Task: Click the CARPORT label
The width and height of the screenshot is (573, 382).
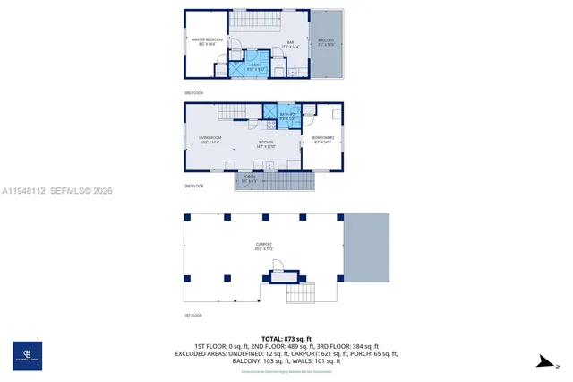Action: (263, 245)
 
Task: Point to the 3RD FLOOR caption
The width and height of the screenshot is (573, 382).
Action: (194, 93)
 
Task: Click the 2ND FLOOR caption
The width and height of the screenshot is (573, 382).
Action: (194, 186)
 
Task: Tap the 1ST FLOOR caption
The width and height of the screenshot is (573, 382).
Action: (194, 316)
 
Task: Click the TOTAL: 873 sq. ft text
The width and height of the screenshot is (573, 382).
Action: (286, 338)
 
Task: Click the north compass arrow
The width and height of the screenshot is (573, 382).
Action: (543, 361)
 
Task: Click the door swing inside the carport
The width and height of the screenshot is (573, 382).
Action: (279, 266)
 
